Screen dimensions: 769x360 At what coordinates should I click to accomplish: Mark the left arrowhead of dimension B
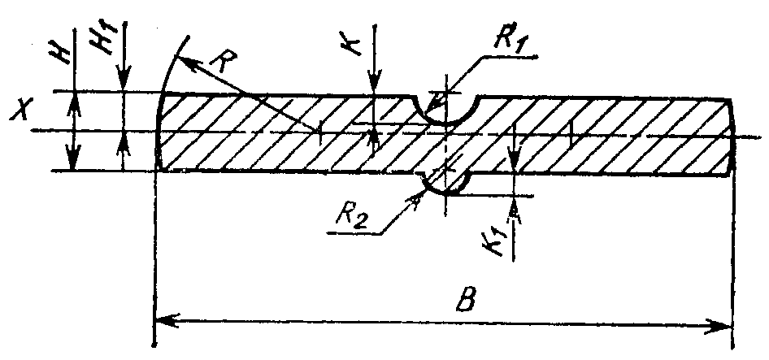(167, 321)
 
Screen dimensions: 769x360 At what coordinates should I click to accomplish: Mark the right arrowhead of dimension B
(720, 325)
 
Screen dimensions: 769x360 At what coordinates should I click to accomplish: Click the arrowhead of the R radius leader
(186, 61)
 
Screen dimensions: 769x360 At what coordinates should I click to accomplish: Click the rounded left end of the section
(158, 131)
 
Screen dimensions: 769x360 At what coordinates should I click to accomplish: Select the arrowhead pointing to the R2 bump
(415, 199)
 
